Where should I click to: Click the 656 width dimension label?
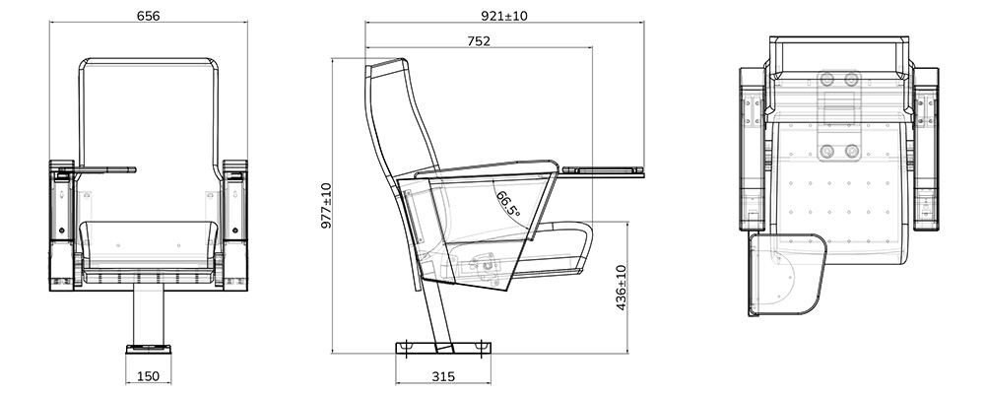tap(148, 17)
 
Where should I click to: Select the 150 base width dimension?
tap(148, 375)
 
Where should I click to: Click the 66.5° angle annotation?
tap(508, 204)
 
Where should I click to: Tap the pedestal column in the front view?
tap(148, 315)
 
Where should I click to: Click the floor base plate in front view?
tap(148, 348)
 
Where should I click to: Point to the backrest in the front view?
tap(148, 118)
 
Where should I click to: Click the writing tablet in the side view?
tap(604, 172)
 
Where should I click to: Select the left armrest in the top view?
tap(753, 138)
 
